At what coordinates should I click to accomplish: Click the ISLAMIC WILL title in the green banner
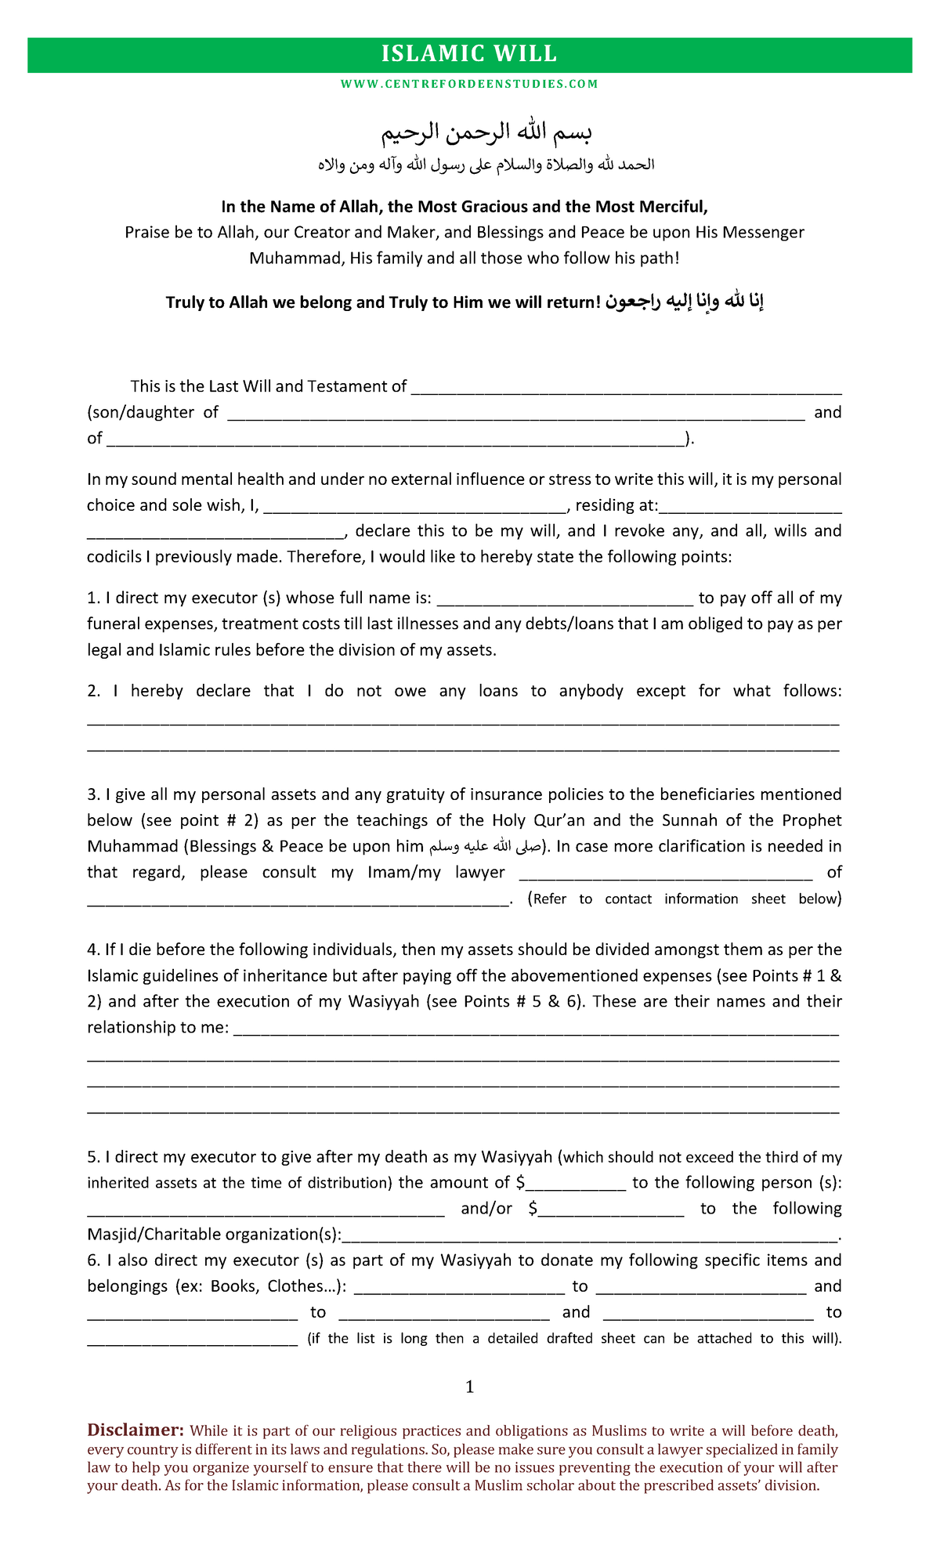point(469,54)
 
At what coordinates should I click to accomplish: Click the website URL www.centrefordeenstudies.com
point(469,84)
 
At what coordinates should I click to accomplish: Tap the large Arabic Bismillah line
point(486,132)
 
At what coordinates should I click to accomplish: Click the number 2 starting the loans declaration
point(93,691)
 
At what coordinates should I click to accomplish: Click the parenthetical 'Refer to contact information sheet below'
point(685,899)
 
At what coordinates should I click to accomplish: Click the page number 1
point(470,1387)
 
